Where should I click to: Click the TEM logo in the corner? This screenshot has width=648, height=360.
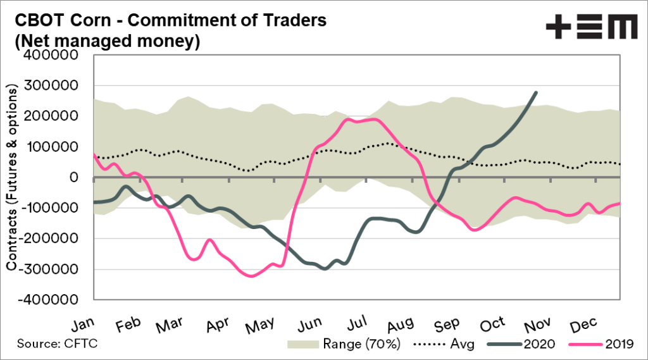(592, 28)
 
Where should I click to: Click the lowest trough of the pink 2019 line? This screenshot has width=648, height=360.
(252, 276)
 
